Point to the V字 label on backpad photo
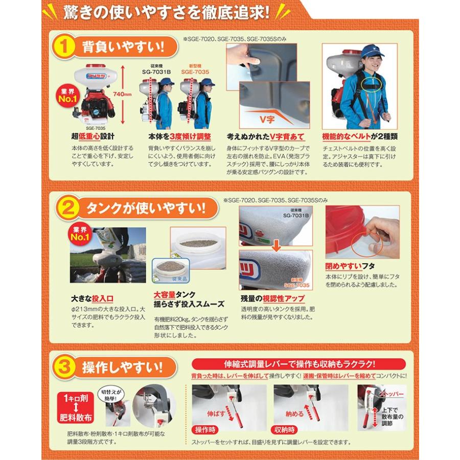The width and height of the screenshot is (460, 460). point(265,116)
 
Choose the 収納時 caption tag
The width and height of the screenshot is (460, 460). point(287,429)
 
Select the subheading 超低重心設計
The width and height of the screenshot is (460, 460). point(93,137)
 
